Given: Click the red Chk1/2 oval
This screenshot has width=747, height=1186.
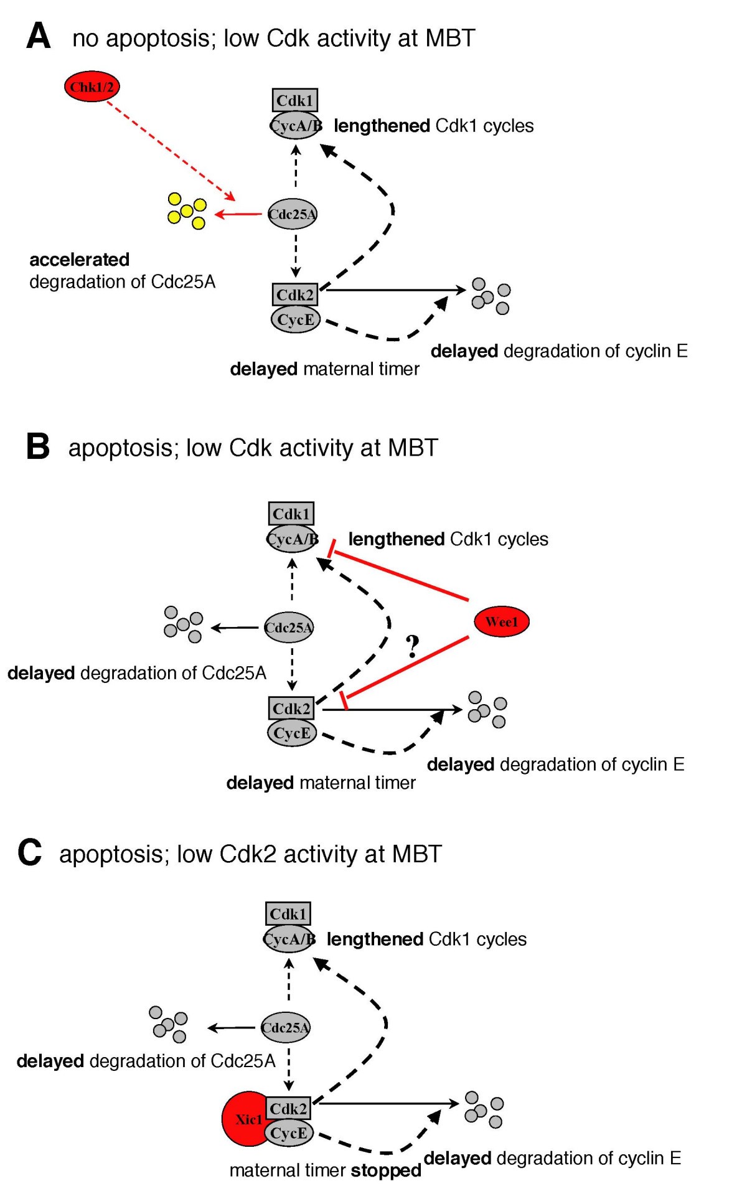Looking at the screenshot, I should tap(92, 87).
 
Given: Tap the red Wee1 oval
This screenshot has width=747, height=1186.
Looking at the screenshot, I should tap(501, 621).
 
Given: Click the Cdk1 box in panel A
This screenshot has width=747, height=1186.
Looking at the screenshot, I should tap(294, 100).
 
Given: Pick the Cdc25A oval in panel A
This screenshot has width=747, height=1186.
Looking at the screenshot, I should tap(292, 214).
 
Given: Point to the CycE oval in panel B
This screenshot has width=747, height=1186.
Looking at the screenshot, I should tap(291, 733).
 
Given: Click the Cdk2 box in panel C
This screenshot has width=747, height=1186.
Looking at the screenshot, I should tap(288, 1108).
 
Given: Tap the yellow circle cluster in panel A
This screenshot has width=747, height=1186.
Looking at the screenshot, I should tap(187, 211).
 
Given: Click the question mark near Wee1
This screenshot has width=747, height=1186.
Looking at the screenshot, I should tap(412, 646).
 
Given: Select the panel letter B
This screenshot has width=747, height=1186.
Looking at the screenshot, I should tap(37, 447).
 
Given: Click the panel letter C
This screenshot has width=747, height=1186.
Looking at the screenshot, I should tap(29, 853).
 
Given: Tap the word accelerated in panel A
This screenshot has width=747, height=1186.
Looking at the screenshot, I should tap(80, 260).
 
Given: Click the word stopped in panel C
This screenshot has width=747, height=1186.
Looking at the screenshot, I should tap(386, 1170).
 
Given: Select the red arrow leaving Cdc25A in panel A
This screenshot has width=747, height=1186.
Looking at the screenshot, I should tap(238, 214).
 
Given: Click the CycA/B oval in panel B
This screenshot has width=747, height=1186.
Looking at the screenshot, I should tap(292, 539).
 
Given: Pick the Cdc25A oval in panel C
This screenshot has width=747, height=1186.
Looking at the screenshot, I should tap(285, 1027).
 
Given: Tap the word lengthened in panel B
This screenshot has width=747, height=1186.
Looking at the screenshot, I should tap(396, 539).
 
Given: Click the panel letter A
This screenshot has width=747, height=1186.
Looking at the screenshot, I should tap(38, 36).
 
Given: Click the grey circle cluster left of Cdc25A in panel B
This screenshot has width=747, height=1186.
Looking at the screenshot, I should tap(183, 624).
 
